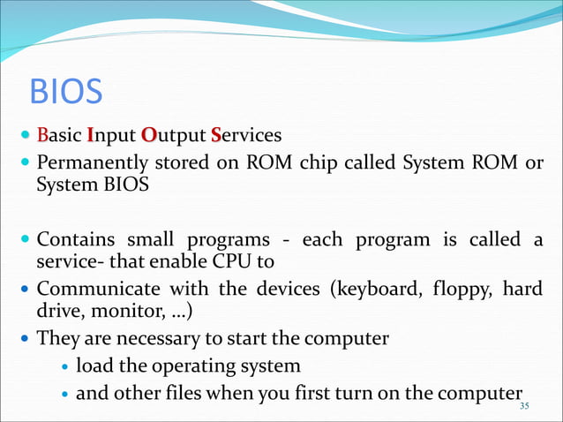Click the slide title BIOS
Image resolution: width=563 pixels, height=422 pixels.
click(x=66, y=92)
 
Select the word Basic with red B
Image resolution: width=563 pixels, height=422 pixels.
click(x=60, y=136)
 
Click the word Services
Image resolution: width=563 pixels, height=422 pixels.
click(x=246, y=136)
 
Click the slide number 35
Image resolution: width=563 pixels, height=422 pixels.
click(x=526, y=405)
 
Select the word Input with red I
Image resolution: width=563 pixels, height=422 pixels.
click(x=111, y=136)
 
